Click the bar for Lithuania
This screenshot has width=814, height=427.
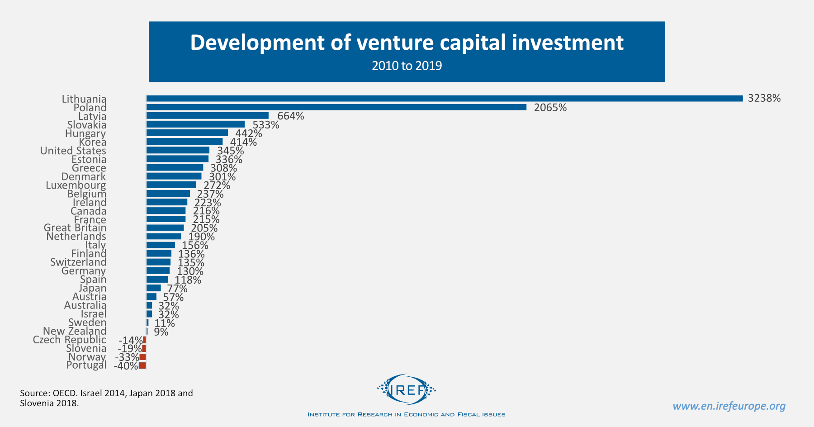point(444,98)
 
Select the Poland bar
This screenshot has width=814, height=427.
point(336,107)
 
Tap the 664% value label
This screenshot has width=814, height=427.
point(290,116)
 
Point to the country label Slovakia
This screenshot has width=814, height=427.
point(87,125)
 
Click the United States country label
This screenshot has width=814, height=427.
point(73,151)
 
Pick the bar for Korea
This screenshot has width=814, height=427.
point(185,142)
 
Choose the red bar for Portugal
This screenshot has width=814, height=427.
point(142,365)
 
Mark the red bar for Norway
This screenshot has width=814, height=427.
point(143,357)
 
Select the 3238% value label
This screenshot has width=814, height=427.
point(764,99)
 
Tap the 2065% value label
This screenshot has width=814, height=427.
point(550,108)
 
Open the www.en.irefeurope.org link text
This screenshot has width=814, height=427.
point(729,406)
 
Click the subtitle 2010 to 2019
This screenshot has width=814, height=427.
point(407,66)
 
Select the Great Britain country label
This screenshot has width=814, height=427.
point(75,228)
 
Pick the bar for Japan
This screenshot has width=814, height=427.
point(154,288)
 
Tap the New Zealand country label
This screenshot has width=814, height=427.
point(75,332)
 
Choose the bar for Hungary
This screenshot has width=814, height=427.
point(187,133)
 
